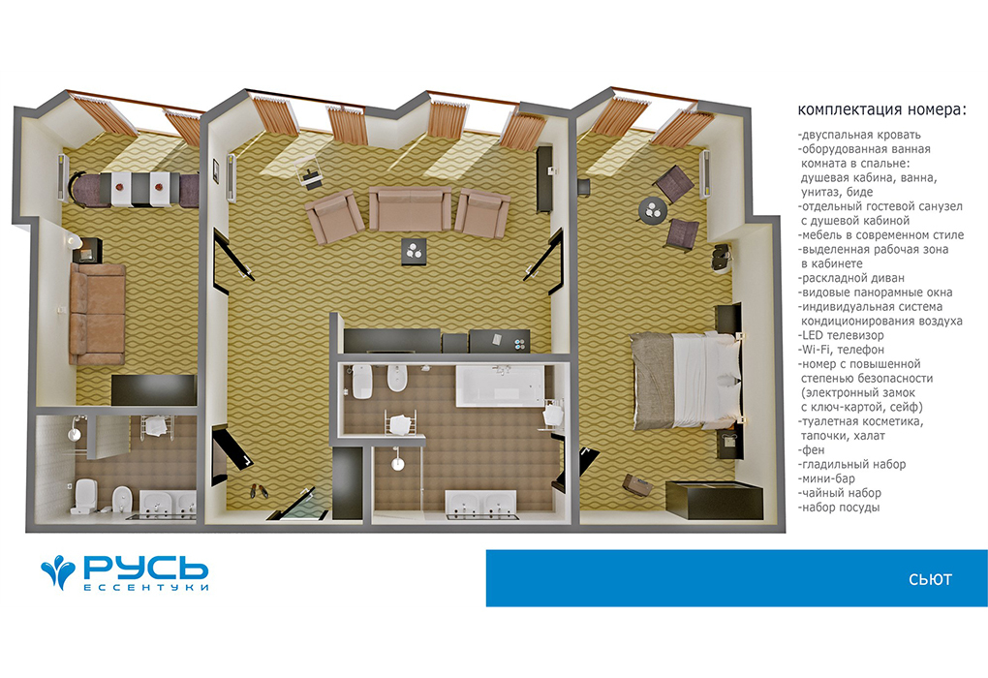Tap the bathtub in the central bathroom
501,385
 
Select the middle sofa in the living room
410,208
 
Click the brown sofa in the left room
98,315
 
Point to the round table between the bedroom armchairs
653,210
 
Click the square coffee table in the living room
414,252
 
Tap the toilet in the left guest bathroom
84,495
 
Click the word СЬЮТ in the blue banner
930,580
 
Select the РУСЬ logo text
146,568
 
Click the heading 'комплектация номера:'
881,109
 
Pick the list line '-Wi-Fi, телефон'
841,350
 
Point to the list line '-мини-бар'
826,478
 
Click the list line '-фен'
811,449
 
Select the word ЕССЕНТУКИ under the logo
146,587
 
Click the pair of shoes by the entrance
259,490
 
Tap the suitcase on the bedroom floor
637,484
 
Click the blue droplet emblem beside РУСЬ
58,570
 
